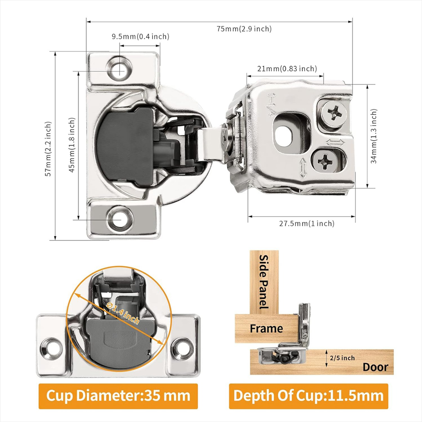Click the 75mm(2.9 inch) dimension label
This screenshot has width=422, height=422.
244,29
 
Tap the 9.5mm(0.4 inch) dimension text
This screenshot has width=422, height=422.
140,36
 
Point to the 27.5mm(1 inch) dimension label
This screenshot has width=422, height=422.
307,223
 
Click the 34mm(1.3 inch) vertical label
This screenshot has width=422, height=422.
374,137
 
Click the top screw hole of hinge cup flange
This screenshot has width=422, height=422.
119,69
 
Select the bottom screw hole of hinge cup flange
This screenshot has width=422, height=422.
119,218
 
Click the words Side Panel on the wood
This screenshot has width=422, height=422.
264,281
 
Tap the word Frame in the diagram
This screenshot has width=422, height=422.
266,328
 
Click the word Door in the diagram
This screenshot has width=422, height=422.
375,367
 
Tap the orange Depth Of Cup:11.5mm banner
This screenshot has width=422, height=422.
308,396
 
